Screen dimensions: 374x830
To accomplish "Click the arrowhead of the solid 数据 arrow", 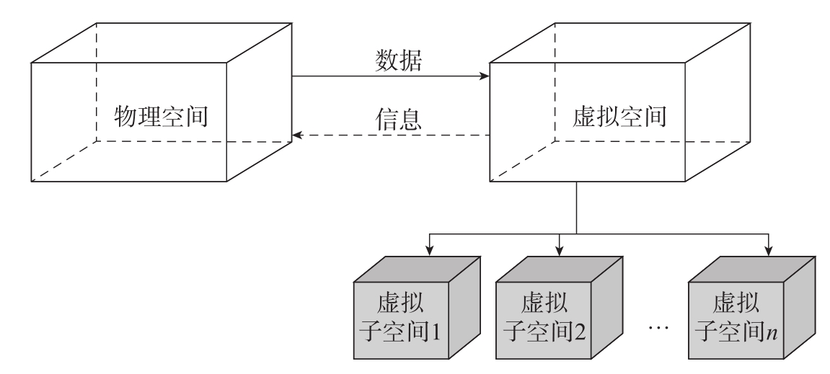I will point(485,75).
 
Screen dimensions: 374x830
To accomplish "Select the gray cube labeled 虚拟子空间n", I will point(743,317).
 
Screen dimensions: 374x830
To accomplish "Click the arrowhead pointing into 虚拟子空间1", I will point(429,250).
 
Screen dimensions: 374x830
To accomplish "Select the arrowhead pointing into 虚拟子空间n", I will point(768,250).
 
